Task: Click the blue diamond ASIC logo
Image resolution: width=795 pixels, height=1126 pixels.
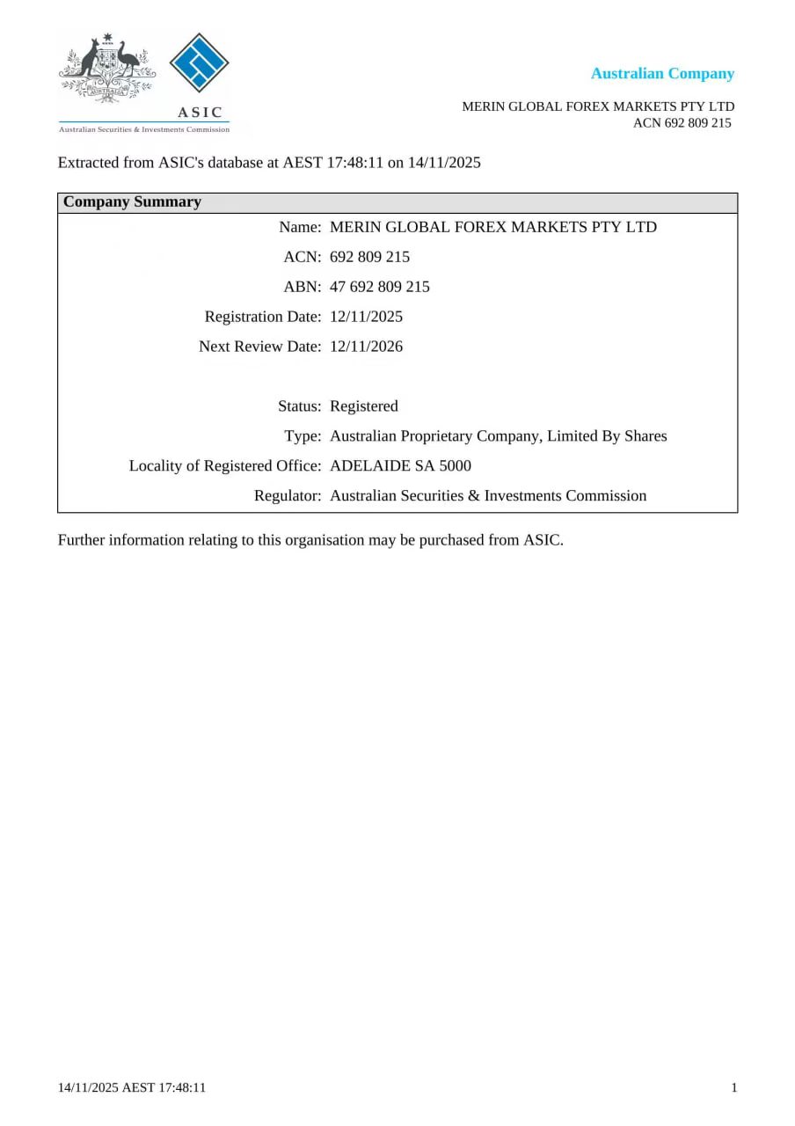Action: point(199,62)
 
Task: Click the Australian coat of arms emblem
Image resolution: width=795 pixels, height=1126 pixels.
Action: point(107,67)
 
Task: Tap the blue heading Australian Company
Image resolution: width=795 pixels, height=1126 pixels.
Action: point(662,74)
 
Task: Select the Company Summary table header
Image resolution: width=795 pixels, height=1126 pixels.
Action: point(133,202)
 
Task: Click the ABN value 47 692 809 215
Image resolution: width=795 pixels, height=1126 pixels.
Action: point(380,287)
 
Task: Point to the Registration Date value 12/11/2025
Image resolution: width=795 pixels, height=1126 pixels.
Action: point(366,317)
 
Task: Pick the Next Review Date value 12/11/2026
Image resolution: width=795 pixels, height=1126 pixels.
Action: point(366,347)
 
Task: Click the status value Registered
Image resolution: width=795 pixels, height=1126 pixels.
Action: point(364,406)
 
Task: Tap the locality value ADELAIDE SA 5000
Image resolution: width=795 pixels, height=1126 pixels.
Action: point(400,465)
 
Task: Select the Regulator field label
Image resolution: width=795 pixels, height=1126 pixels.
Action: point(288,496)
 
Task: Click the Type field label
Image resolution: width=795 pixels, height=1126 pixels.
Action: point(303,436)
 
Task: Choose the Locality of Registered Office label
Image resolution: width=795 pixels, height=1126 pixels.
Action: point(225,465)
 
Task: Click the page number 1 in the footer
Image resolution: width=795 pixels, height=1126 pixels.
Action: point(734,1088)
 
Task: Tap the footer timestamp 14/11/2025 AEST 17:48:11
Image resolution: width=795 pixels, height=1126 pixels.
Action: point(132,1088)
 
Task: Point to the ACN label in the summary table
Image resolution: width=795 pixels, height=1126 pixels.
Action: point(302,257)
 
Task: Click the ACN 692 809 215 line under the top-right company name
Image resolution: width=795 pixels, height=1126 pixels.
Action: point(682,123)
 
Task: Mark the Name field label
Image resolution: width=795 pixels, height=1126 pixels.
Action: point(300,227)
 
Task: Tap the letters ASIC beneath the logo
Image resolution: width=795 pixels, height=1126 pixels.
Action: point(201,113)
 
